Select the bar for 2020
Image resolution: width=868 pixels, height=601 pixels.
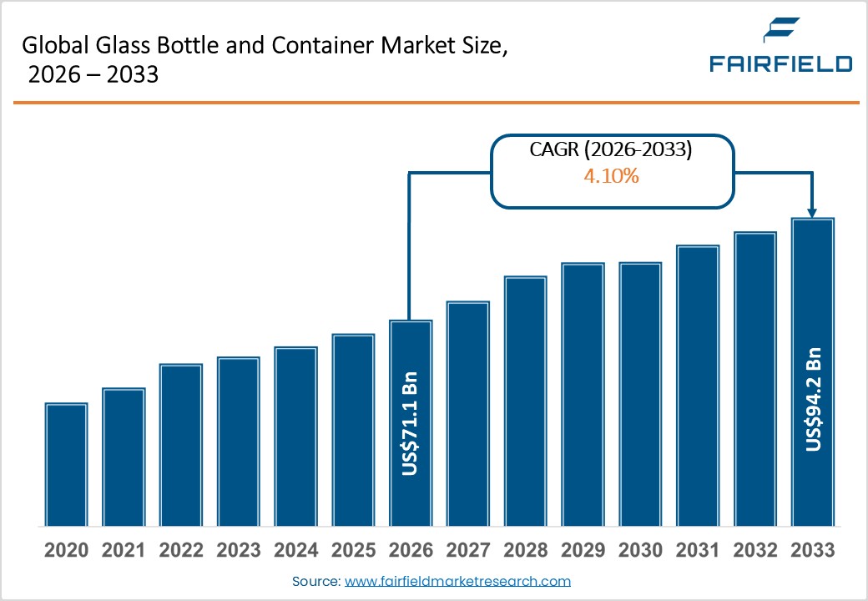67,465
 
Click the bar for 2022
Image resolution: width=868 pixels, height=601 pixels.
181,445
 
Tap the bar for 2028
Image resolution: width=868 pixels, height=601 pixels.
526,402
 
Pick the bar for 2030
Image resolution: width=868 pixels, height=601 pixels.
640,394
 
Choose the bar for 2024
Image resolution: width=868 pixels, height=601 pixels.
296,437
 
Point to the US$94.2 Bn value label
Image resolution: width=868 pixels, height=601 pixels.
814,399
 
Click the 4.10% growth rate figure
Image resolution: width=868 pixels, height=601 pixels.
613,176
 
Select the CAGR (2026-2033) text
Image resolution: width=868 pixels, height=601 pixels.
613,150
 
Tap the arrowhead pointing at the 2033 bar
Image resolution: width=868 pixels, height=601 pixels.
813,211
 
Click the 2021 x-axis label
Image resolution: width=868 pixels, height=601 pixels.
124,551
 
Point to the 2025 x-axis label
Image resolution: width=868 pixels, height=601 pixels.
353,551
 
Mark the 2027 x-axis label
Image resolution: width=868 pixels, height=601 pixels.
467,551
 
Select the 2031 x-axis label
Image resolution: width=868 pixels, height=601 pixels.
698,551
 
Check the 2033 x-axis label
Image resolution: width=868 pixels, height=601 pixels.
812,551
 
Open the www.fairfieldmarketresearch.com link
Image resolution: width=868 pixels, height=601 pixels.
457,581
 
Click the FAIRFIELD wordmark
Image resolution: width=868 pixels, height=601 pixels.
780,64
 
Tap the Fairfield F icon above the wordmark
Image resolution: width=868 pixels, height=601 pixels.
781,32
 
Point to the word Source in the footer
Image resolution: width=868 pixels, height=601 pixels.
315,581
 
